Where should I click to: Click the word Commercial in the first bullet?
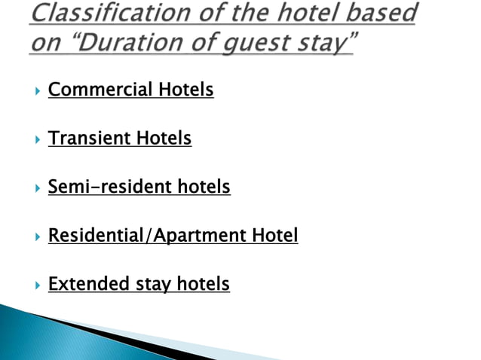[100, 90]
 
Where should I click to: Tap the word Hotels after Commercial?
[185, 90]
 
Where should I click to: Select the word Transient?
[90, 139]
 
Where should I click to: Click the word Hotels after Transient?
[164, 139]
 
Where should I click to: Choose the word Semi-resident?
[110, 187]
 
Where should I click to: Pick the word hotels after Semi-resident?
[204, 187]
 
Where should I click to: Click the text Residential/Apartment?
[148, 236]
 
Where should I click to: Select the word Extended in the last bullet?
[89, 284]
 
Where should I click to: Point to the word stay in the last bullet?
[154, 284]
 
